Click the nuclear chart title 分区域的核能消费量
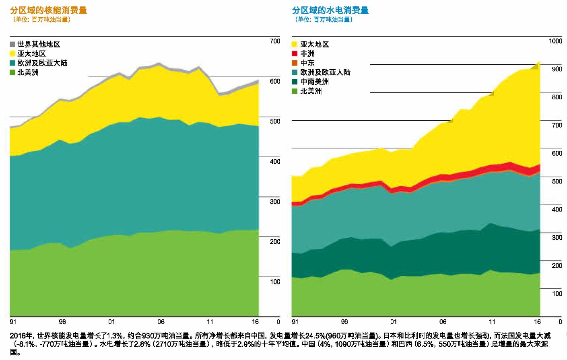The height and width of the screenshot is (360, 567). point(48,10)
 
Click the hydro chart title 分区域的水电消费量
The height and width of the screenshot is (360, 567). point(330,10)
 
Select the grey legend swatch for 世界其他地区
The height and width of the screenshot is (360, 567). point(12,44)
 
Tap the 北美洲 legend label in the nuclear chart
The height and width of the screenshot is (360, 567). point(28,72)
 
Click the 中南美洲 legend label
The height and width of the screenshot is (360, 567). point(314,82)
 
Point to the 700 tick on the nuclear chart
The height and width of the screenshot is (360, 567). point(275,41)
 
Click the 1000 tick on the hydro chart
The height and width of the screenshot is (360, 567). point(555,41)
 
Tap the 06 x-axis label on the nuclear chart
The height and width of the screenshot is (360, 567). point(161,322)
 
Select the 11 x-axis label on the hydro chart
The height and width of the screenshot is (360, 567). point(492,322)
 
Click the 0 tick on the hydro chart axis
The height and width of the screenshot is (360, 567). point(560,322)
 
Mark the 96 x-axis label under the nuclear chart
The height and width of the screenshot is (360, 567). point(62,322)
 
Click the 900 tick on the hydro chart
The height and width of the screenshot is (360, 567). point(557,69)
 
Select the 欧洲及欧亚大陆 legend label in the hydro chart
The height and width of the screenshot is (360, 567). point(325,72)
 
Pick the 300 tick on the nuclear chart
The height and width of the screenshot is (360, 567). point(275,202)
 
